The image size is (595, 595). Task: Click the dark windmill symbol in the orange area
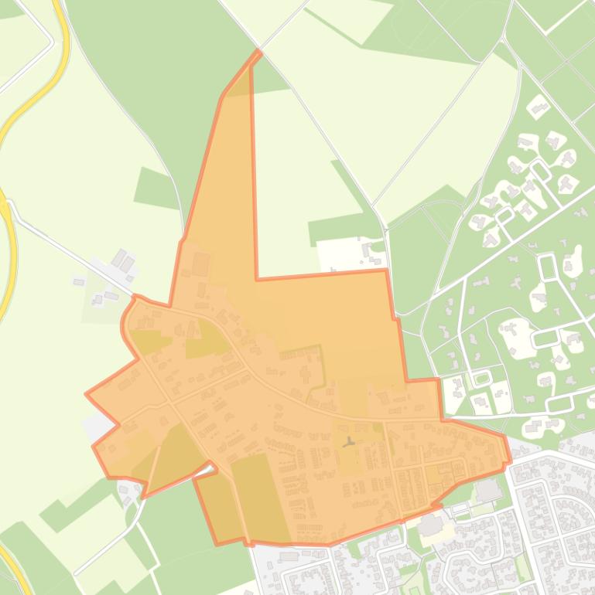pos(350,443)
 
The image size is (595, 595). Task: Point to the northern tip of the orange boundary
pos(258,52)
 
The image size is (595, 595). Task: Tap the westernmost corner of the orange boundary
pos(86,394)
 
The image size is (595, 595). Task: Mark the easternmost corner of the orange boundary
pos(510,461)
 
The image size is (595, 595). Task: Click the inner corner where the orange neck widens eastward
pos(257,277)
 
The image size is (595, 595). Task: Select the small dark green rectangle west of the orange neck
pos(157,188)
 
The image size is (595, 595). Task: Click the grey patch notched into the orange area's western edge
pos(98,426)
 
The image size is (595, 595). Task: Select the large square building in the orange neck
pos(200,265)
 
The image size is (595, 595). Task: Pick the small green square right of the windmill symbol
pos(378,427)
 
